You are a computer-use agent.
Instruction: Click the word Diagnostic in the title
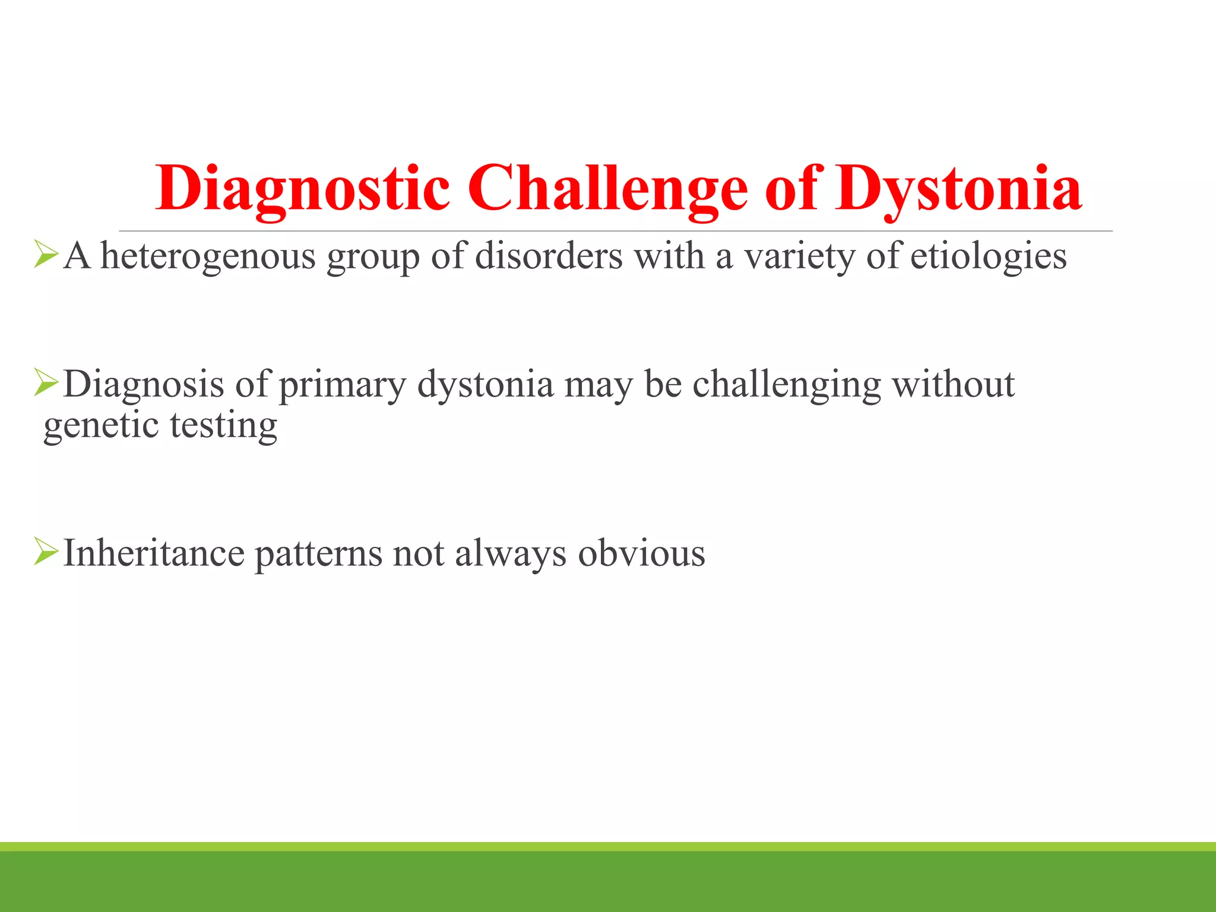coord(303,189)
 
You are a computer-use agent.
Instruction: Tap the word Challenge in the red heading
coord(607,189)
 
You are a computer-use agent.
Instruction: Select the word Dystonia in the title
coord(958,189)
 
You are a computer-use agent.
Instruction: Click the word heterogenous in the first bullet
coord(207,256)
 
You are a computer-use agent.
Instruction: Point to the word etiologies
coord(988,256)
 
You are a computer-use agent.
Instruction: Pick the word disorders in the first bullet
coord(549,256)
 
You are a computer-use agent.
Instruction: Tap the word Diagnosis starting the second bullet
coord(143,385)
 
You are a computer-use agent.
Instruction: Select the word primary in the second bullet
coord(342,385)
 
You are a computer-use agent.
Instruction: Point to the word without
coord(953,385)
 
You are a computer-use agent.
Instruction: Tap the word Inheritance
coord(153,553)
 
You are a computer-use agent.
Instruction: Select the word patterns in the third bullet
coord(318,553)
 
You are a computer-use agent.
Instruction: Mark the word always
coord(511,553)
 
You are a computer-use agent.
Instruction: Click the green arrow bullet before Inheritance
coord(46,551)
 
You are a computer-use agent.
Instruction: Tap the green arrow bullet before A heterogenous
coord(46,254)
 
